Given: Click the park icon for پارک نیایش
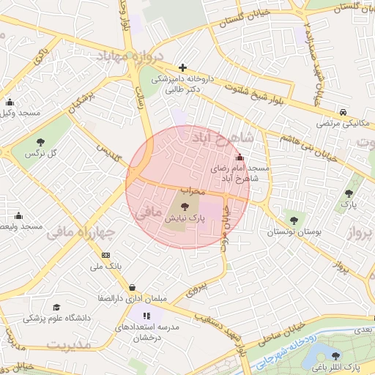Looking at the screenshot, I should click(183, 207).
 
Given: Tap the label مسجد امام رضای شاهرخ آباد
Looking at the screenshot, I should click(240, 173).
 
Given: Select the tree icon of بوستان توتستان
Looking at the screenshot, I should click(294, 219).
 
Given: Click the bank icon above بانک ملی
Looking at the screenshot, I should click(106, 254).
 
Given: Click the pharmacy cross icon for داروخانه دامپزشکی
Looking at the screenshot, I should click(182, 67).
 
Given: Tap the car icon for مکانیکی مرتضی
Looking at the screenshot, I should click(344, 112).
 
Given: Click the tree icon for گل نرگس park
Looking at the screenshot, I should click(40, 142).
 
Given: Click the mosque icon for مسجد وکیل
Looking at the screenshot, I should click(10, 102).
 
